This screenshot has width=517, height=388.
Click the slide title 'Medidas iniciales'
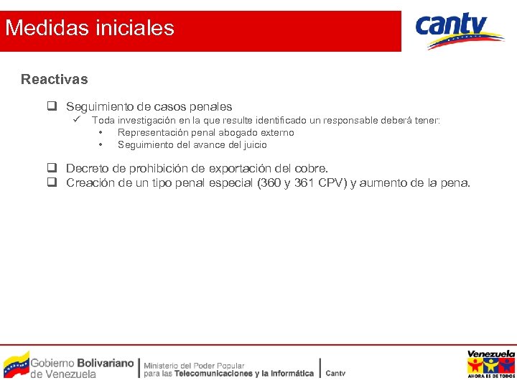coord(89,28)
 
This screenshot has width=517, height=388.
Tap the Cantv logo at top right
coord(460,30)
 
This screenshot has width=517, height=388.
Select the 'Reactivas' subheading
coord(54,79)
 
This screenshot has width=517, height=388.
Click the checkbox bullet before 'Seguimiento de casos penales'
coord(52,106)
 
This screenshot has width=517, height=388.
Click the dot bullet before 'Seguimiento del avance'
coord(101,144)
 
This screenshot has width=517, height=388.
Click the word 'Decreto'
coord(88,168)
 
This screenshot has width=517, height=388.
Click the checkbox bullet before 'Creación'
coord(52,183)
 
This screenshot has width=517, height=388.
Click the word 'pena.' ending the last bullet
coord(455,183)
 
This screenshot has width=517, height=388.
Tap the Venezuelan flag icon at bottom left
coord(17,365)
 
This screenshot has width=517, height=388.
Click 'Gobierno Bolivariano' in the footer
coord(82,363)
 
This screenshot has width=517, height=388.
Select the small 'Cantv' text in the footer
coord(335,373)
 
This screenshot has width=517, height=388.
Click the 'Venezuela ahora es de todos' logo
coord(490,364)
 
